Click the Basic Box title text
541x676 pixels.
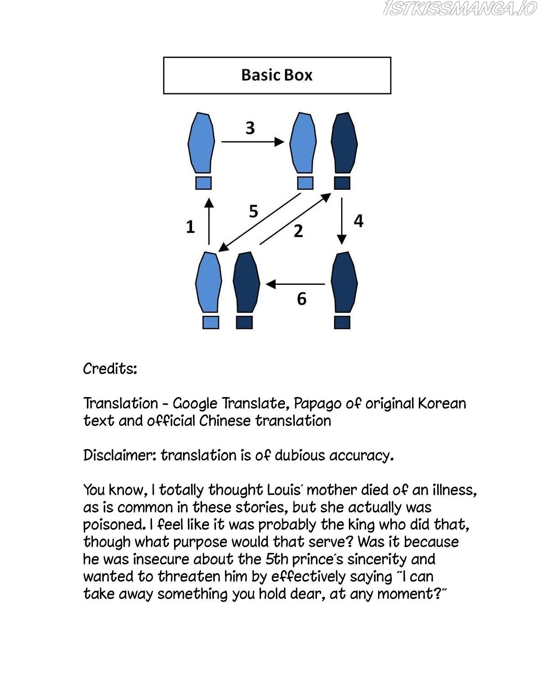tap(277, 75)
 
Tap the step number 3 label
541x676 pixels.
tap(250, 128)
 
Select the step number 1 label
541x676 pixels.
tap(190, 227)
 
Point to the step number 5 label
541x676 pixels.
tap(253, 211)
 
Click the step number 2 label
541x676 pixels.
tap(298, 231)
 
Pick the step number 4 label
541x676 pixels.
tap(358, 221)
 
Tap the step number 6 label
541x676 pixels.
tap(302, 298)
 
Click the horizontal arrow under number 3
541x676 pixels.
tap(252, 142)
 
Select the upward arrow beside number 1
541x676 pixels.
tap(208, 221)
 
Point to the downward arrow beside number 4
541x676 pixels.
tap(342, 221)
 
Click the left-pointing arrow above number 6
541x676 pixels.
tap(296, 284)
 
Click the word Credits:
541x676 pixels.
tap(110, 369)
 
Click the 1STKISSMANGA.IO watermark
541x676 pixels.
tap(460, 9)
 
